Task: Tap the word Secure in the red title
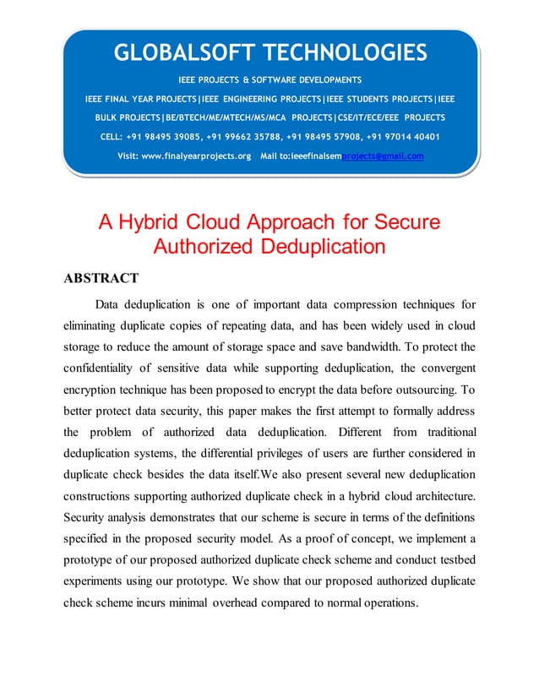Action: [x=403, y=223]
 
